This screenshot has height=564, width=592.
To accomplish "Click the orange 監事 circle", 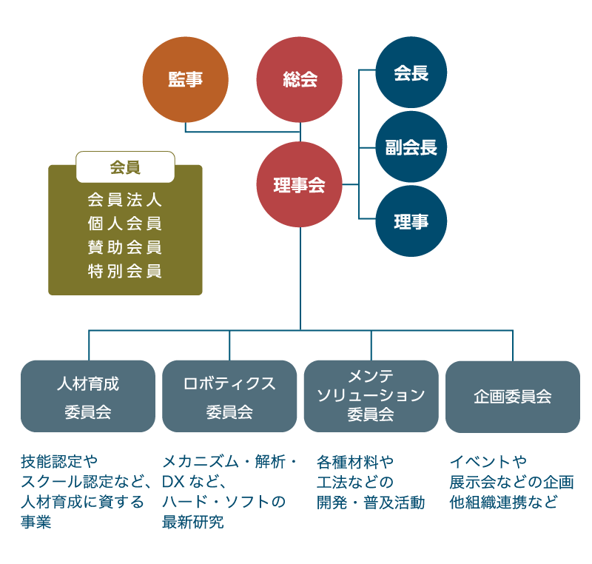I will [x=185, y=80].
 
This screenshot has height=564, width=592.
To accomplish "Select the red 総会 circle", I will [x=300, y=80].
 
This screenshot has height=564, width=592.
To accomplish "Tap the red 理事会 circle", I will [x=300, y=185].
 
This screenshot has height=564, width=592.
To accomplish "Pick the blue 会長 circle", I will [x=411, y=73].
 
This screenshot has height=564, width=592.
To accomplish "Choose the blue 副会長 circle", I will [x=411, y=147].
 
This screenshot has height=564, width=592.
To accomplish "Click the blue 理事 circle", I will [x=411, y=221].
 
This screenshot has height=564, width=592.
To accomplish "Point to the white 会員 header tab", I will [x=125, y=167].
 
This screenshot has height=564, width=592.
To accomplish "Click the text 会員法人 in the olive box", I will [x=125, y=200].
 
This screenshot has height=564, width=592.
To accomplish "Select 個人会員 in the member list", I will [x=125, y=224].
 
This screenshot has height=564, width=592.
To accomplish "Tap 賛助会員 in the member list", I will [x=125, y=247].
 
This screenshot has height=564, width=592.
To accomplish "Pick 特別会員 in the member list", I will [x=125, y=271].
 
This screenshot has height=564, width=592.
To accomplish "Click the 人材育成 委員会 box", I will [x=88, y=397].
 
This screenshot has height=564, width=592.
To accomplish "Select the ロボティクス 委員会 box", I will [x=229, y=397].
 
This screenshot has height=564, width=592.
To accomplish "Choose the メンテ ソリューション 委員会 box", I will [x=371, y=396].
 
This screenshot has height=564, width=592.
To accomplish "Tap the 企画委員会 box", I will [x=512, y=397].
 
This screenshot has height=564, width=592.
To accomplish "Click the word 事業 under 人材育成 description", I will [x=36, y=523].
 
